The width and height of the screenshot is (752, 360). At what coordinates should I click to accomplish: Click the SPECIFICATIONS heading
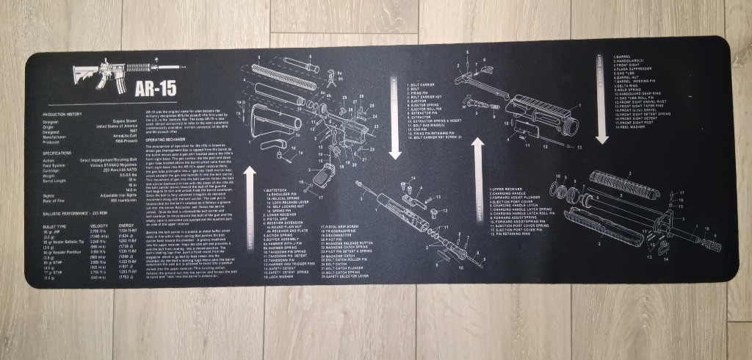click(x=62, y=153)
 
